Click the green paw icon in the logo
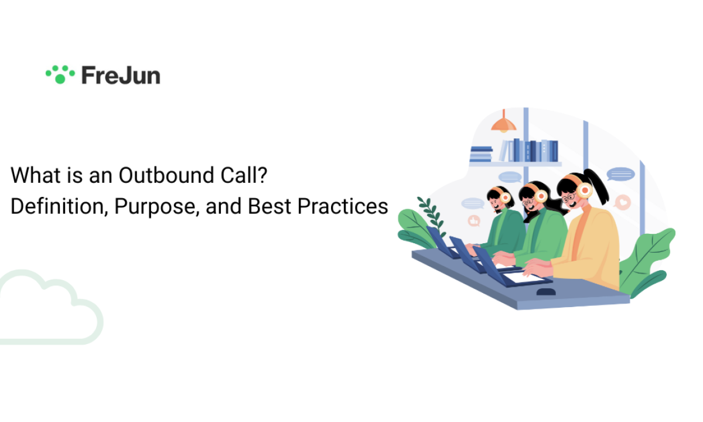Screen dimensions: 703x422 click(x=60, y=75)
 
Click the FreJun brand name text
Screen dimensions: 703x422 click(x=121, y=76)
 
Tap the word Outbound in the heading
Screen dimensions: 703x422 click(x=166, y=175)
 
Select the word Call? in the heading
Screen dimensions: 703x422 click(x=244, y=175)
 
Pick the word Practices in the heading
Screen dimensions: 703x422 click(x=343, y=206)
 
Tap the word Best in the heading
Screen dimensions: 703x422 click(x=269, y=206)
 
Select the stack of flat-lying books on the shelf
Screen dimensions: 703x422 click(x=481, y=154)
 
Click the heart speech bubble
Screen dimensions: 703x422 click(x=622, y=203)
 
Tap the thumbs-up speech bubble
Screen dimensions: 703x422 click(x=474, y=221)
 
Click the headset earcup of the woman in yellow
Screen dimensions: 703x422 click(x=585, y=190)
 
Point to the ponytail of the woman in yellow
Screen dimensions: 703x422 click(x=599, y=185)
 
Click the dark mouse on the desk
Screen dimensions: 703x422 click(x=546, y=292)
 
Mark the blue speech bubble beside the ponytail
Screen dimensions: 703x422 click(x=620, y=174)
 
